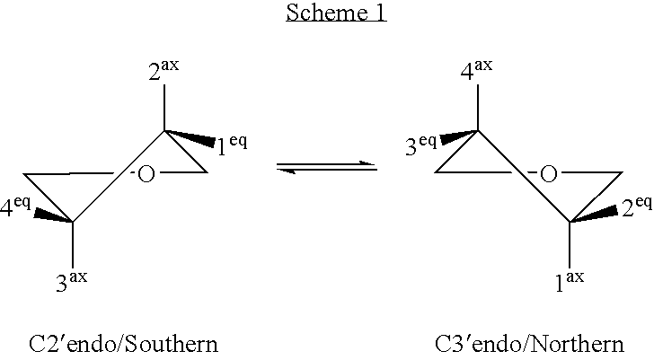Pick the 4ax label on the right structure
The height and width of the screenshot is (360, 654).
click(x=476, y=70)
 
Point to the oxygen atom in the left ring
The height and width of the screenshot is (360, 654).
click(x=146, y=173)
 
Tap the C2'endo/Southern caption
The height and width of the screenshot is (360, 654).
click(x=123, y=343)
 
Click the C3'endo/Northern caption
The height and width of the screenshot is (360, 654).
click(x=529, y=343)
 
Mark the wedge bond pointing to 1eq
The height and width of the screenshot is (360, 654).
click(x=191, y=137)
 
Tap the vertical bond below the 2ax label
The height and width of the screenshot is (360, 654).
click(x=163, y=109)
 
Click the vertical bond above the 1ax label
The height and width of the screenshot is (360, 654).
click(x=569, y=244)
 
